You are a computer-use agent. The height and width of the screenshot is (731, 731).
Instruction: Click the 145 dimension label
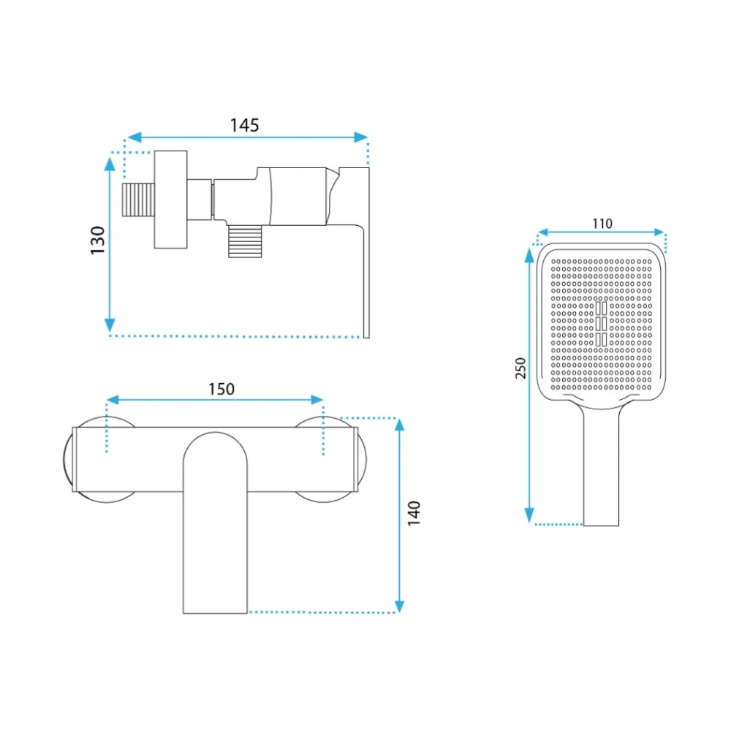[x=244, y=125]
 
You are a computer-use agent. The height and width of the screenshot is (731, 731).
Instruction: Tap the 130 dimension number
[x=98, y=240]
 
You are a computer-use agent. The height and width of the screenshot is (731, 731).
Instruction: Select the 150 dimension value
[x=221, y=389]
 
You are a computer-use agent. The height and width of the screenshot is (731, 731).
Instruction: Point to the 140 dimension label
[x=414, y=513]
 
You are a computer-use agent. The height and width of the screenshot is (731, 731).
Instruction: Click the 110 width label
[x=602, y=224]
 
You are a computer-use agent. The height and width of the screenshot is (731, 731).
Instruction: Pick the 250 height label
[x=520, y=368]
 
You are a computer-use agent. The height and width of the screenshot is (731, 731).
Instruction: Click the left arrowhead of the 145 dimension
[x=134, y=137]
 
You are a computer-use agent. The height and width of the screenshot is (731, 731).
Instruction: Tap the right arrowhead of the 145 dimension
[x=361, y=137]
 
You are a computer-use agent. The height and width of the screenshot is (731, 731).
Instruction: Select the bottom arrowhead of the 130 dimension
[x=110, y=325]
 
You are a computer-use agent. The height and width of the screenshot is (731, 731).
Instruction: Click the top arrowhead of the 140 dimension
[x=399, y=425]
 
